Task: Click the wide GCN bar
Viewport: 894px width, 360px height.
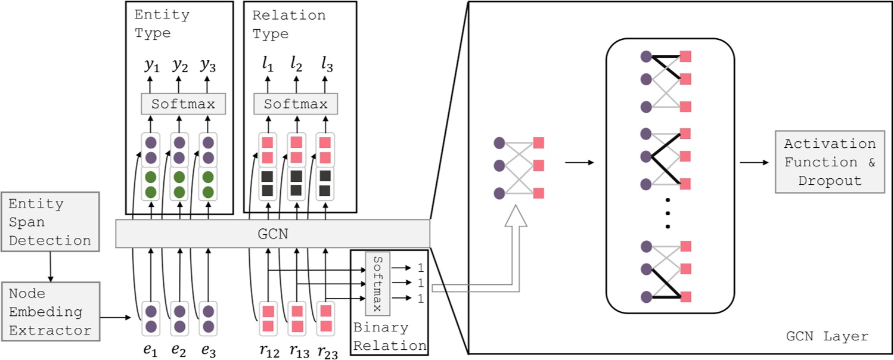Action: (x=272, y=234)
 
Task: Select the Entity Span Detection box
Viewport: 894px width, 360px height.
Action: (x=50, y=222)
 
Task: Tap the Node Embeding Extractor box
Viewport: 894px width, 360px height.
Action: (x=50, y=312)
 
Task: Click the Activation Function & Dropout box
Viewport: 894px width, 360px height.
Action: (x=830, y=162)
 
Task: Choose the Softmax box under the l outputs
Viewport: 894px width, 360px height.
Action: (x=296, y=104)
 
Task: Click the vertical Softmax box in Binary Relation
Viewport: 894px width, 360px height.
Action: (x=377, y=284)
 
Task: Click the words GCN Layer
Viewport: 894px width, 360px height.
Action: (x=827, y=337)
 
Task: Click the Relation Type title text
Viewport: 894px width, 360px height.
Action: (x=288, y=24)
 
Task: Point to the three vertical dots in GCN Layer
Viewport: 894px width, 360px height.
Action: (x=668, y=212)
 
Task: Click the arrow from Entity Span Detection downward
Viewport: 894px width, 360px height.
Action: (x=50, y=266)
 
